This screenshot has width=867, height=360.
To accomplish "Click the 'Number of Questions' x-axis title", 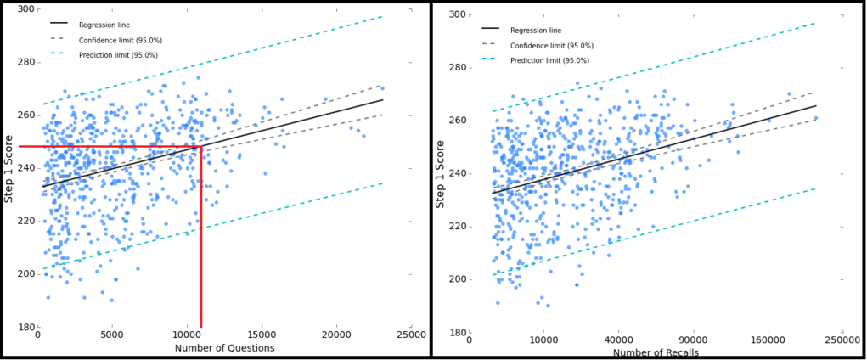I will point(224,348).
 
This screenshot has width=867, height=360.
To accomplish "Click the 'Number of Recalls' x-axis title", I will point(657,352).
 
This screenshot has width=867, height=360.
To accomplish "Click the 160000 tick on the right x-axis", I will point(768,340).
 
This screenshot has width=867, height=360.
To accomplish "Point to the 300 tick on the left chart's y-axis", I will point(26,9).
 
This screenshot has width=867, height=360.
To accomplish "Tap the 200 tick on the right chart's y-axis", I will point(457,279).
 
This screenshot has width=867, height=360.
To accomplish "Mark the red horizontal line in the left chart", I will point(110,147).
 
